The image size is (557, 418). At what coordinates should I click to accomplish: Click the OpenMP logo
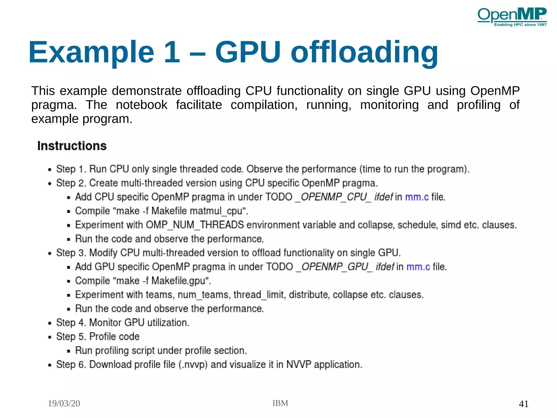click(x=512, y=17)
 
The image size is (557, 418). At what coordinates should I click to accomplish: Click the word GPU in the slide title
click(x=248, y=52)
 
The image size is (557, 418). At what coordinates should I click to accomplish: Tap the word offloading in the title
click(x=364, y=52)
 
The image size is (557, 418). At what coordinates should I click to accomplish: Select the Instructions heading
click(x=72, y=146)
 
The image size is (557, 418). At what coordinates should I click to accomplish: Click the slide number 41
click(x=524, y=404)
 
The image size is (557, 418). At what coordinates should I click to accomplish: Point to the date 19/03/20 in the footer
click(x=64, y=403)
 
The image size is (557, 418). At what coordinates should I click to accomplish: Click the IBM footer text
click(x=280, y=403)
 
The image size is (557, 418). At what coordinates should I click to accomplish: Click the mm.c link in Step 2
click(x=417, y=197)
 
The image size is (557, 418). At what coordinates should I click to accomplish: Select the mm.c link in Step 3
click(x=418, y=267)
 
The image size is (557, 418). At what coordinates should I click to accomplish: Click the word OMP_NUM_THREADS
click(x=195, y=225)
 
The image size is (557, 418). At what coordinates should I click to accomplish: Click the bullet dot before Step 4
click(x=49, y=323)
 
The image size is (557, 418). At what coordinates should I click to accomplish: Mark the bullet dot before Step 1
click(x=49, y=170)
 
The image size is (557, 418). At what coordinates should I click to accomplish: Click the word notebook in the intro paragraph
click(x=141, y=105)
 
